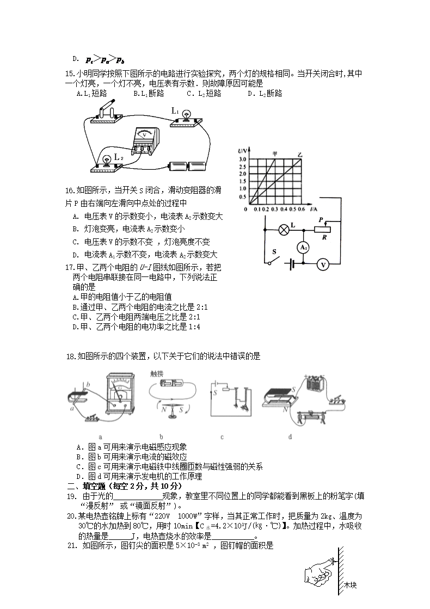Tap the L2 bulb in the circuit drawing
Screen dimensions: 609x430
107,158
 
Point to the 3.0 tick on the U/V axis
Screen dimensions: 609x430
243,159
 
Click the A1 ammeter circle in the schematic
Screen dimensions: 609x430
305,247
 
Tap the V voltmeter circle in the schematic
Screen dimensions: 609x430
323,264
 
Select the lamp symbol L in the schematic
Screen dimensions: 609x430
283,229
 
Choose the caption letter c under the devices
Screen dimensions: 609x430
222,436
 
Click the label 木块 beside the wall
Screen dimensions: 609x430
350,586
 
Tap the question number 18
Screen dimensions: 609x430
70,356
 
